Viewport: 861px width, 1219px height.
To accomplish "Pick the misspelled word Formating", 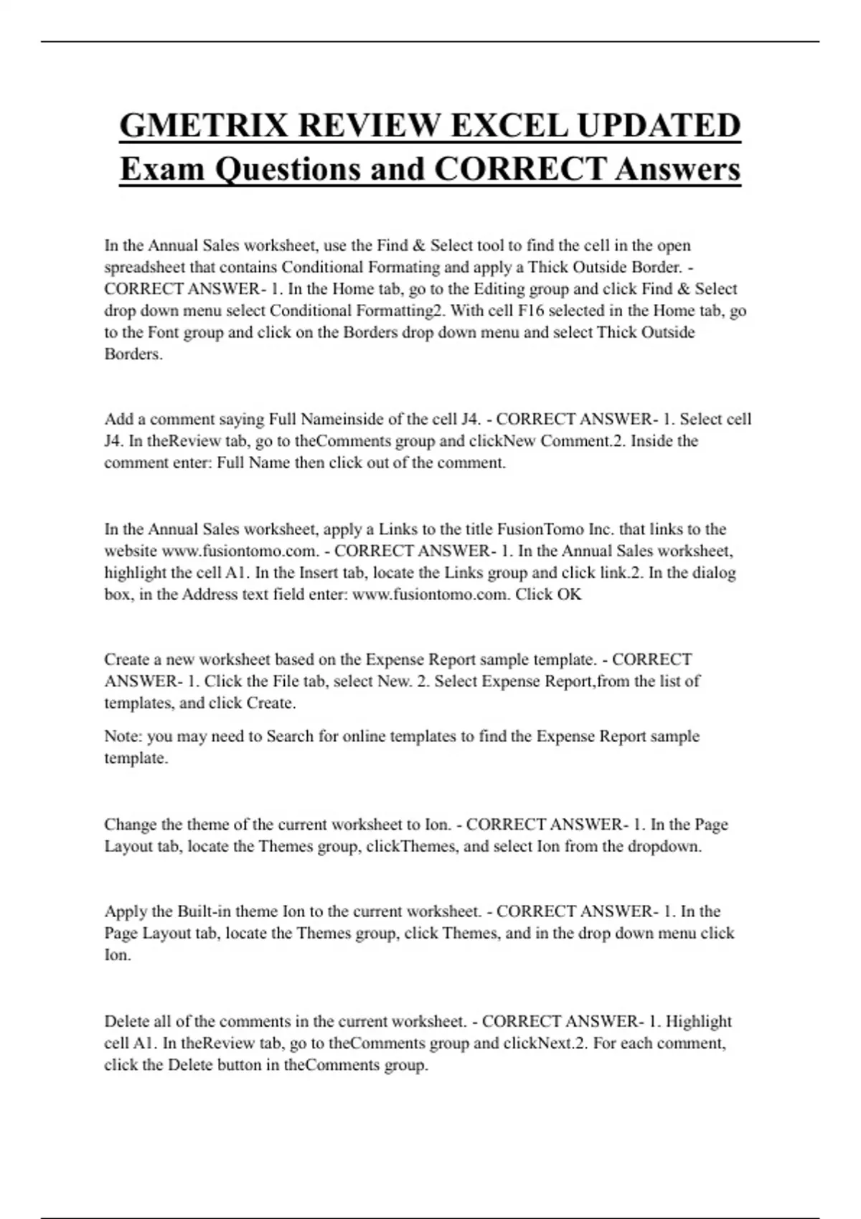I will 404,267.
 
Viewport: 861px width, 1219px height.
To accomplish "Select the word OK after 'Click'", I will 568,594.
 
